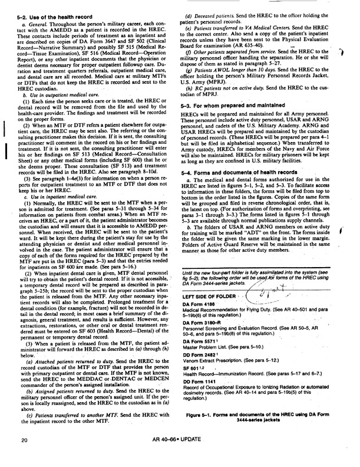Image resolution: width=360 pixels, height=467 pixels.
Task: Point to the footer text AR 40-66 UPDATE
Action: point(180,456)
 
